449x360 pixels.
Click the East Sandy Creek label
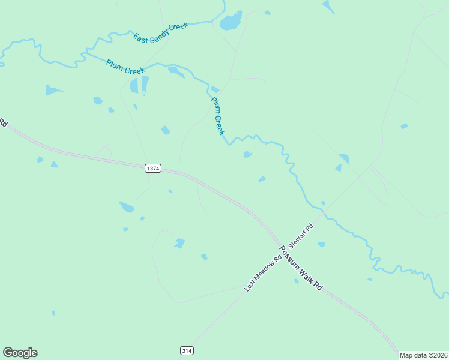[161, 32]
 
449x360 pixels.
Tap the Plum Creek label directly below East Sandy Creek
[125, 67]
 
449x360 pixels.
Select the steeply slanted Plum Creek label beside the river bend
[217, 116]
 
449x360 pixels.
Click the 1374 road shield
[153, 169]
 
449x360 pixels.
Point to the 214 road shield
[187, 350]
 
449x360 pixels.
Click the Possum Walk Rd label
[300, 268]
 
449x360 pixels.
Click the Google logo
[20, 353]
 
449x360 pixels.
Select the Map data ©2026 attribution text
[424, 355]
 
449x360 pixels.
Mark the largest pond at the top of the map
[231, 22]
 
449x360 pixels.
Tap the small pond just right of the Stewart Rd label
[321, 244]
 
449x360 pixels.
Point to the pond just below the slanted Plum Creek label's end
[247, 155]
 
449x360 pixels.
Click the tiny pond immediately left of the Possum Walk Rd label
[297, 281]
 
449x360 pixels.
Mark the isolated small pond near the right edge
[404, 126]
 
